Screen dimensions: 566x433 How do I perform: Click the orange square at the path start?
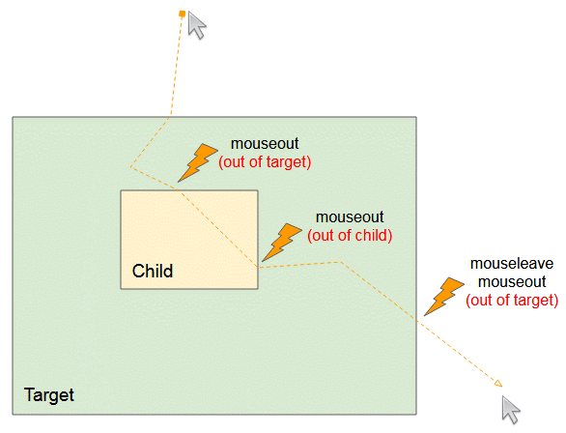tap(183, 14)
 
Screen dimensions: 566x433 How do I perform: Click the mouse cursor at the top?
tap(197, 25)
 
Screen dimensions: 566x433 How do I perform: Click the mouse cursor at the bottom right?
tap(511, 410)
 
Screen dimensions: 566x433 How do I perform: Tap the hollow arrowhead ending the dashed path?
tap(498, 384)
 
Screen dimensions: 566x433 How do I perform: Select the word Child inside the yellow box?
tap(153, 271)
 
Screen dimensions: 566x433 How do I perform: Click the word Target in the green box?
tap(48, 395)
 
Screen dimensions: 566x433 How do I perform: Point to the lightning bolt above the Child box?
tap(197, 162)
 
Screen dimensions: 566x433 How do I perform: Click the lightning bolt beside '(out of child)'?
tap(282, 243)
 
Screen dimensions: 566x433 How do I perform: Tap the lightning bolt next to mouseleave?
tap(444, 297)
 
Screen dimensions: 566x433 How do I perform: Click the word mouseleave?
tap(512, 264)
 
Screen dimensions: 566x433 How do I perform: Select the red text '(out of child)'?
tap(350, 236)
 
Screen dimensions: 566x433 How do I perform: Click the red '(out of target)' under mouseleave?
tap(512, 300)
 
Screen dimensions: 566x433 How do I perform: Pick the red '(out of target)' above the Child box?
tap(265, 161)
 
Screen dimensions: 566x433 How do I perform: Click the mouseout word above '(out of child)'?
tap(350, 217)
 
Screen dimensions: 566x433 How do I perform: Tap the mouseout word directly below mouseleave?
tap(512, 281)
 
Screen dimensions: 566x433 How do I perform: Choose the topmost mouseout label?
tap(265, 144)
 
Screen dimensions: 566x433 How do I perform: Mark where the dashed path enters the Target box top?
tap(171, 117)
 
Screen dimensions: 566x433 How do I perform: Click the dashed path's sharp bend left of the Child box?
tap(130, 167)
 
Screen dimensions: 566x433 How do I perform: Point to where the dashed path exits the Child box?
tap(258, 267)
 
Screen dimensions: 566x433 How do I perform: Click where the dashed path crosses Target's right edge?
tap(416, 320)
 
